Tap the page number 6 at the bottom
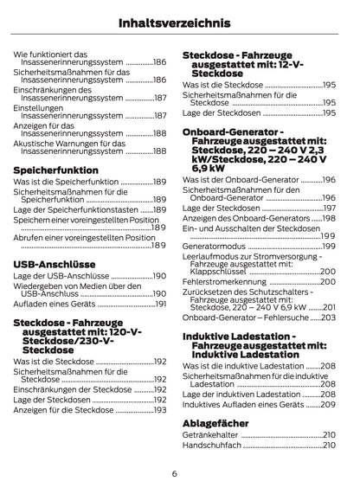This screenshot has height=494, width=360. point(174,474)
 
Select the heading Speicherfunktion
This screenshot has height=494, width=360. point(56,170)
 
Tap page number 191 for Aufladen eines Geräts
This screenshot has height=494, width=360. point(160,305)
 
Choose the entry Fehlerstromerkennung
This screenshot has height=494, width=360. point(225,282)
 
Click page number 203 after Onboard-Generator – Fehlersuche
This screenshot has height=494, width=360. point(328,318)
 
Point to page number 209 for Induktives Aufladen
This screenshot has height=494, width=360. point(328,404)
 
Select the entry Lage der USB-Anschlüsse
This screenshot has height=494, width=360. point(59,276)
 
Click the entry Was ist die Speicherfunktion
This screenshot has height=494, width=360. point(66,183)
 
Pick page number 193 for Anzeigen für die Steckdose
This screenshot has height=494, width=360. point(160,410)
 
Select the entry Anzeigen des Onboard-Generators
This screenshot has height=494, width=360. point(241,219)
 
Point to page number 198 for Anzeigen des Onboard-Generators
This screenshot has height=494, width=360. point(329,219)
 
